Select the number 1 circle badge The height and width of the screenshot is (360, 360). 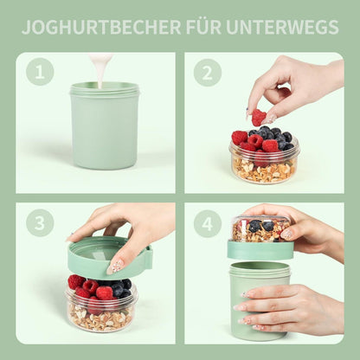click(x=40, y=72)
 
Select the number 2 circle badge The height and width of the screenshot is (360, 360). click(x=208, y=72)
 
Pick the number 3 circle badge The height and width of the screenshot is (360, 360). click(x=40, y=223)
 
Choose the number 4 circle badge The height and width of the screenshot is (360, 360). click(x=208, y=223)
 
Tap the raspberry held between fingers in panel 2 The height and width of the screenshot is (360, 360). click(x=259, y=116)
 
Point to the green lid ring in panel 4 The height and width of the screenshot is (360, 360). click(x=260, y=249)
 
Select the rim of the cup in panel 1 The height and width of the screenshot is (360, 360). click(x=105, y=88)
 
